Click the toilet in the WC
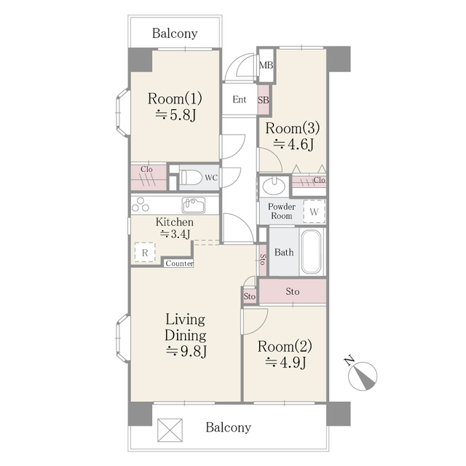[189, 177]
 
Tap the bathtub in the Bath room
[311, 252]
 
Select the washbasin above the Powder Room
[274, 186]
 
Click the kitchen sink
[194, 205]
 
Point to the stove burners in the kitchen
[141, 205]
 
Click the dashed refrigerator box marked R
[145, 253]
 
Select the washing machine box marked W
[314, 211]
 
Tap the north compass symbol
[362, 375]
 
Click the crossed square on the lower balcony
[170, 430]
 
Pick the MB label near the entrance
[266, 65]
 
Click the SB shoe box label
[264, 100]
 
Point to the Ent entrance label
[240, 99]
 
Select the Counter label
[179, 264]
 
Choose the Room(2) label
[285, 347]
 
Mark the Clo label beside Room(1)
[146, 170]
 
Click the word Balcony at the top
[175, 33]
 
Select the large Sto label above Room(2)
[293, 291]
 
